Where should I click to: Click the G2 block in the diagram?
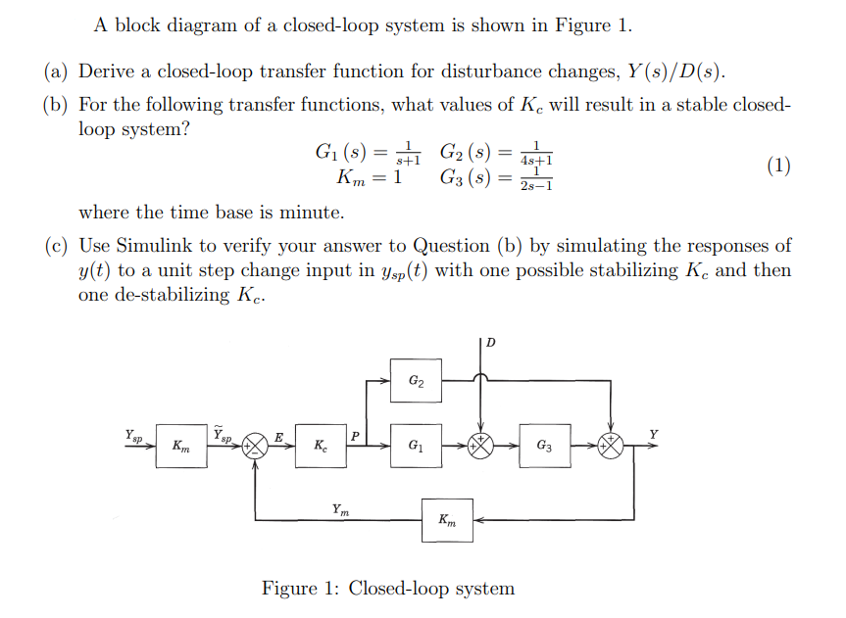[416, 381]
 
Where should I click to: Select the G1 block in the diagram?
[416, 446]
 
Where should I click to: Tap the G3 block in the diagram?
[545, 446]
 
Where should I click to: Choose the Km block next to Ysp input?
[180, 446]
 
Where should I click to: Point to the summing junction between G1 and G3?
[480, 446]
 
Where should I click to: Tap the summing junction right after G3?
[611, 446]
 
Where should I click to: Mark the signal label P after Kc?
[355, 435]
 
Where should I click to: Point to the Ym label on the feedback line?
[338, 508]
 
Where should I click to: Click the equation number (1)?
[778, 165]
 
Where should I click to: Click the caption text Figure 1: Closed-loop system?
[387, 589]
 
